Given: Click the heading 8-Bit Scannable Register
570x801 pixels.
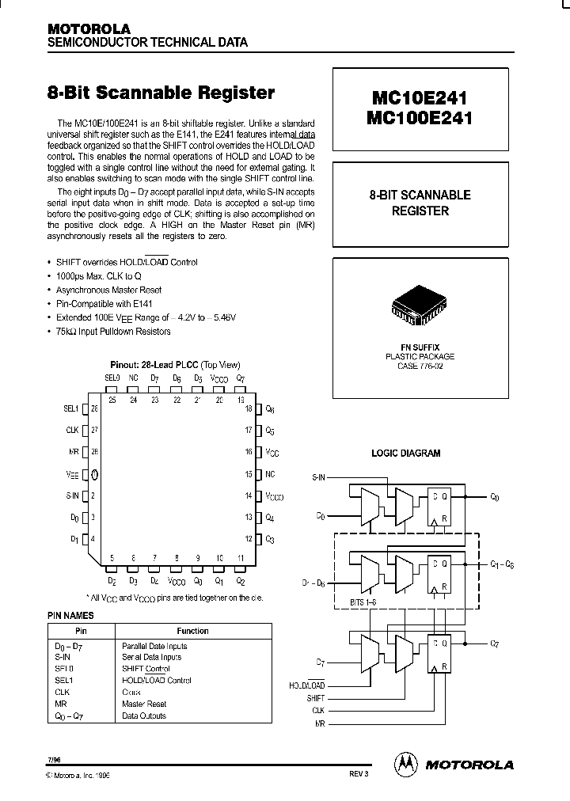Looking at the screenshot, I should click(x=161, y=93).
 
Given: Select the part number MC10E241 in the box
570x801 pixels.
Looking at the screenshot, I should click(x=420, y=99).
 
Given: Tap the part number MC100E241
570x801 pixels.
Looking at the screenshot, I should click(x=420, y=120).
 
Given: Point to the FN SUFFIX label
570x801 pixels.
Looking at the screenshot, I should click(x=420, y=347).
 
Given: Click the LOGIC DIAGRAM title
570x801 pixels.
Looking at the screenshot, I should click(x=405, y=454).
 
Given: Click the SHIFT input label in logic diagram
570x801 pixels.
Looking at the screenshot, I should click(x=315, y=699).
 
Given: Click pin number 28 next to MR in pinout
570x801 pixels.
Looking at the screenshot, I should click(x=94, y=451).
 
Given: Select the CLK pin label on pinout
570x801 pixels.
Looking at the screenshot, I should click(x=72, y=430).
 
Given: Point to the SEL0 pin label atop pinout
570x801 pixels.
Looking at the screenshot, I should click(x=112, y=379).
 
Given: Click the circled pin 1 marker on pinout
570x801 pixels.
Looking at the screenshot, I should click(x=95, y=475).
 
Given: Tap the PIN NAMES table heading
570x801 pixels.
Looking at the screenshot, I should click(x=71, y=615).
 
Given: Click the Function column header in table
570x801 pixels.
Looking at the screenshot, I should click(x=193, y=631).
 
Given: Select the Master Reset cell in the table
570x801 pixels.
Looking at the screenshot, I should click(x=144, y=704).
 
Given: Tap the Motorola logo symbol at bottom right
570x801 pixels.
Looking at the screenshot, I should click(x=405, y=764).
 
